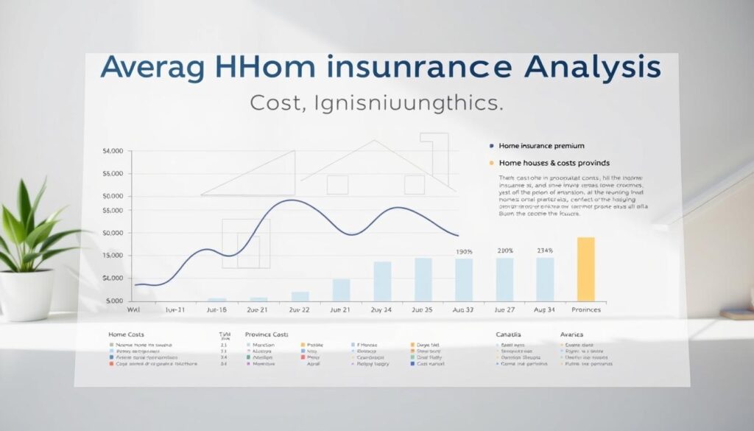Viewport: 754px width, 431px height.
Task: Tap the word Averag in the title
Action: pyautogui.click(x=151, y=67)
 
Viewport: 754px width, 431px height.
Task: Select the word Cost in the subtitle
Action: pyautogui.click(x=275, y=103)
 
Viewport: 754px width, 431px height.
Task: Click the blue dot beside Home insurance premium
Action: pyautogui.click(x=490, y=147)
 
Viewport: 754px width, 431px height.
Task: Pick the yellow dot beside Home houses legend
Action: pyautogui.click(x=490, y=162)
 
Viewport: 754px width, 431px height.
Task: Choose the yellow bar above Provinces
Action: pyautogui.click(x=585, y=269)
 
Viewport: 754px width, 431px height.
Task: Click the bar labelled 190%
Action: pyautogui.click(x=464, y=279)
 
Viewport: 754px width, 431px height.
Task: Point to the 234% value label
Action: pyautogui.click(x=545, y=250)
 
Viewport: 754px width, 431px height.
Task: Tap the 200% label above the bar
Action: pyautogui.click(x=504, y=250)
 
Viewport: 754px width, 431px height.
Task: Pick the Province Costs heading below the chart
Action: pyautogui.click(x=267, y=334)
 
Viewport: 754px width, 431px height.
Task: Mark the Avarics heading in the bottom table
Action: pyautogui.click(x=572, y=334)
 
